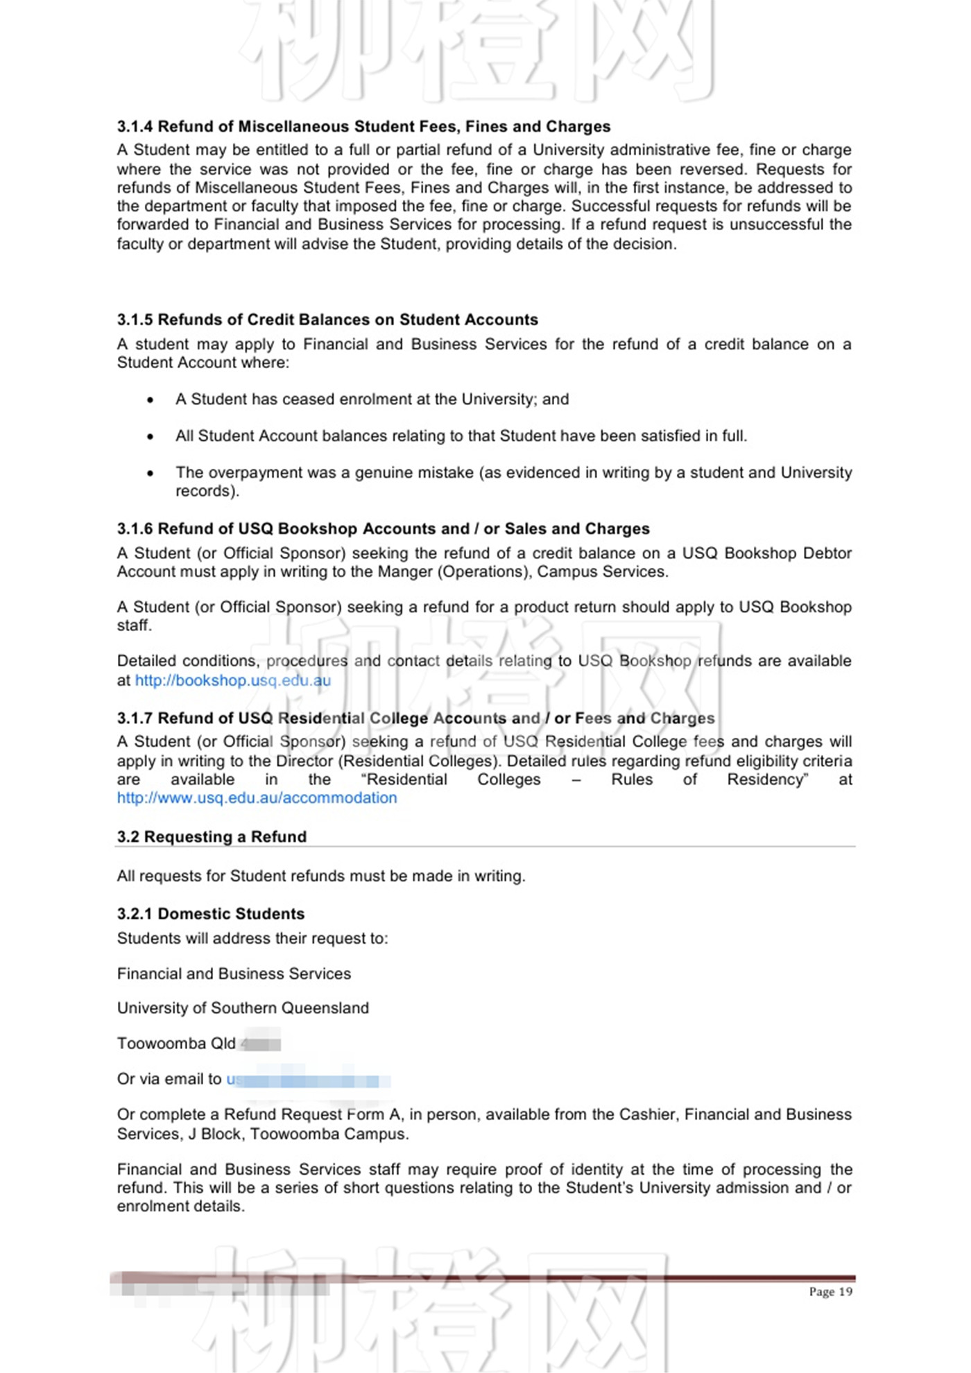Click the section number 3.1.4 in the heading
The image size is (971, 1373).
tap(135, 126)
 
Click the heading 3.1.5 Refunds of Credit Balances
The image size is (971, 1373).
tap(327, 320)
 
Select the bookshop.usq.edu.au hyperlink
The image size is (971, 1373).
tap(232, 680)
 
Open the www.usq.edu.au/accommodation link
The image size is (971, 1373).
tap(257, 798)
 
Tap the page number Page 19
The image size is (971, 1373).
tap(830, 1291)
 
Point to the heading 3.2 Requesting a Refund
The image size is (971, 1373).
tap(212, 837)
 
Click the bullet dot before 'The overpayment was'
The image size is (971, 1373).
tap(151, 474)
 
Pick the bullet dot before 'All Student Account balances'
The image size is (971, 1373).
tap(151, 437)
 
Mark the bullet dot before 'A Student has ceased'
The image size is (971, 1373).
tap(151, 400)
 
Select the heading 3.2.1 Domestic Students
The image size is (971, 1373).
tap(211, 914)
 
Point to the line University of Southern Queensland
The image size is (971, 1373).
tap(243, 1008)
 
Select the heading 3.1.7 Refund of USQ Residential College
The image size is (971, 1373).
tap(415, 718)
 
